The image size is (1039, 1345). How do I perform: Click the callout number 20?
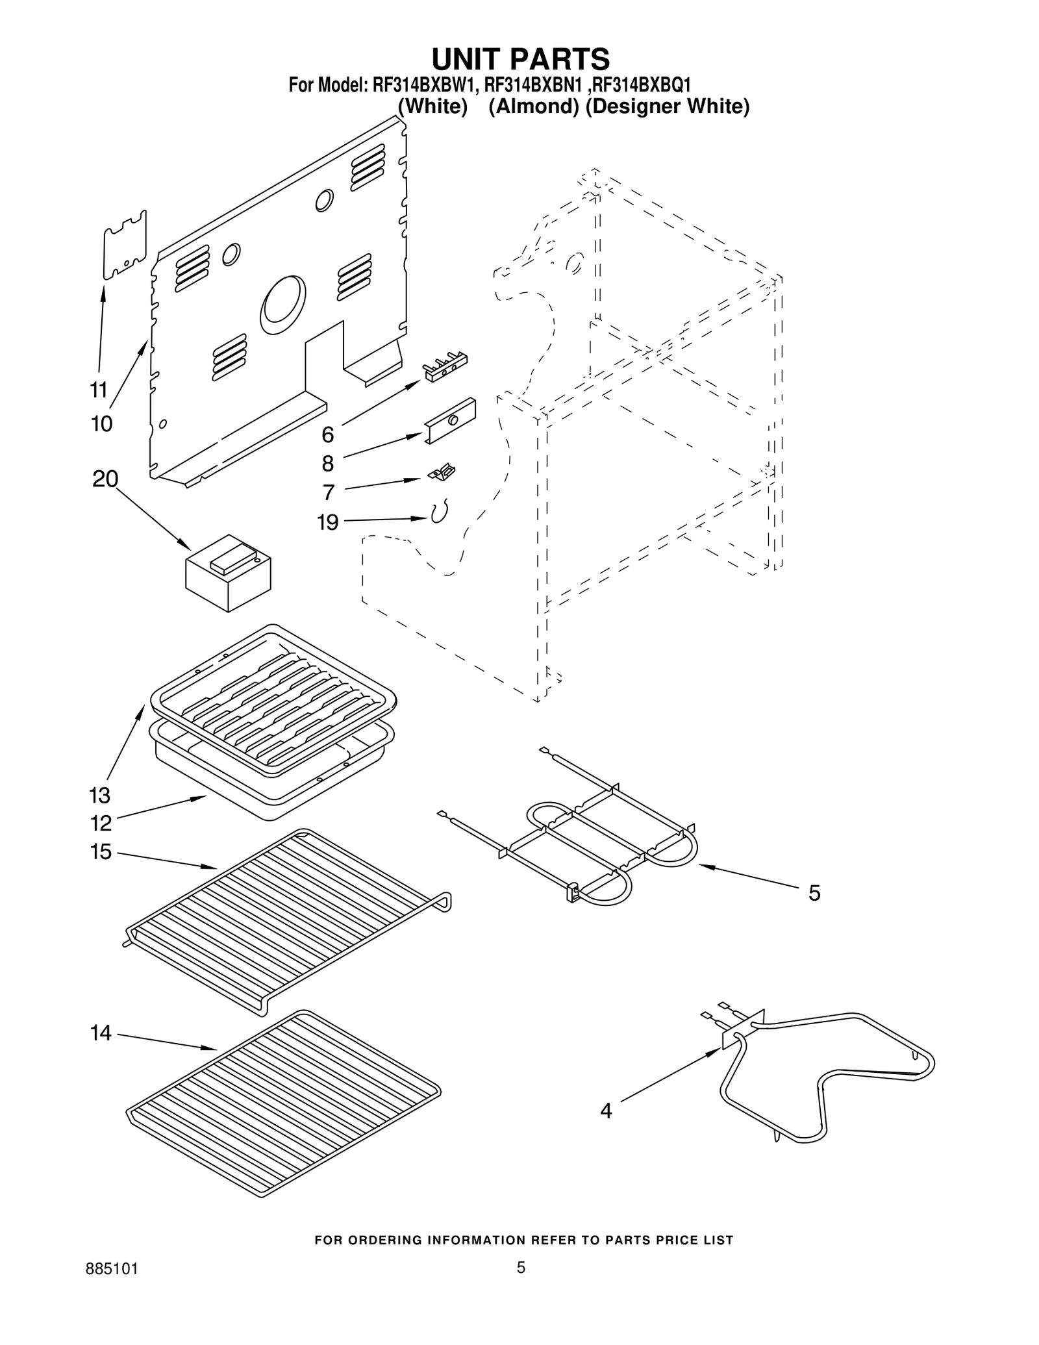click(x=105, y=479)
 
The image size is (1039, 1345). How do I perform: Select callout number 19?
click(x=328, y=522)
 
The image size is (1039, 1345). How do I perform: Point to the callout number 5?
click(x=814, y=893)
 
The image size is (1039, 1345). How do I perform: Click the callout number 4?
click(x=605, y=1111)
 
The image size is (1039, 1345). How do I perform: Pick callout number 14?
click(x=101, y=1033)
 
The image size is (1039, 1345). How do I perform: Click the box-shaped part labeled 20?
click(x=228, y=573)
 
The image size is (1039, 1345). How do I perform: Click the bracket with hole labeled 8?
click(x=451, y=421)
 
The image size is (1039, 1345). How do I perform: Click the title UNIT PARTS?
click(x=520, y=58)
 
